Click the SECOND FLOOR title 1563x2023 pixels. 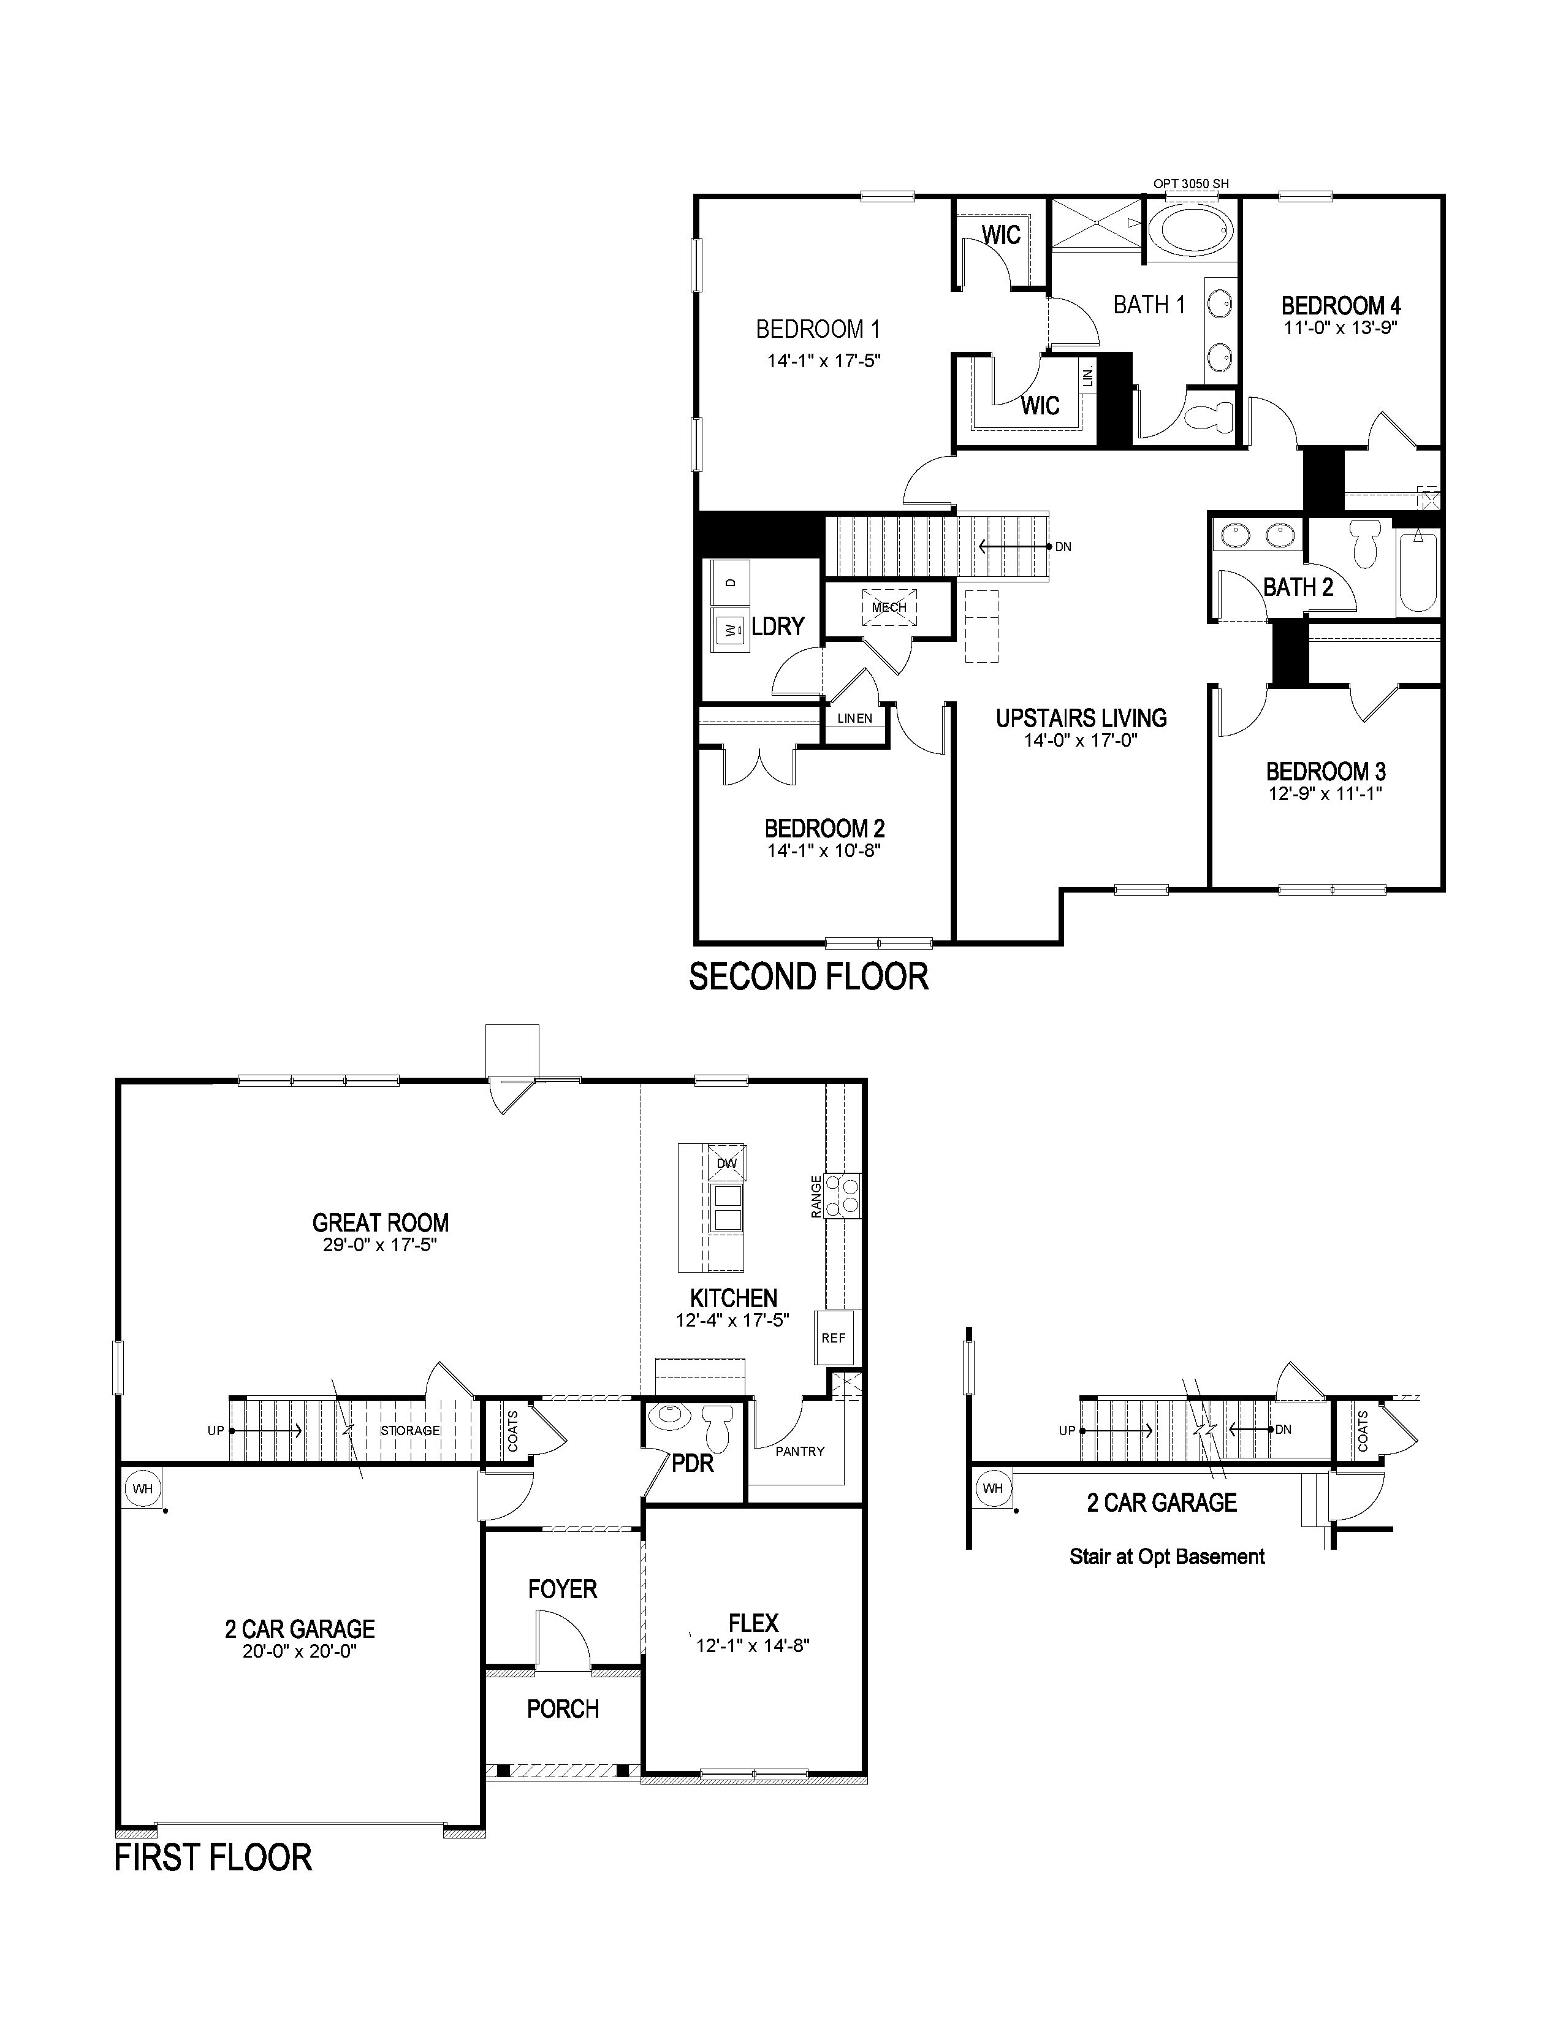coord(808,977)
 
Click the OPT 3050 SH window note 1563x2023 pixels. coord(1191,183)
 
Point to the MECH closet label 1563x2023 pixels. coord(889,608)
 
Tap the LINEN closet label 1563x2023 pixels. coord(854,718)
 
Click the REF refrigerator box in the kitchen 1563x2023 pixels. coord(834,1338)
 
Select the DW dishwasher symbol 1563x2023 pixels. coord(727,1162)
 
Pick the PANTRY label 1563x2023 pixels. coord(800,1452)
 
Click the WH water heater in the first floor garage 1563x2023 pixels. coord(143,1488)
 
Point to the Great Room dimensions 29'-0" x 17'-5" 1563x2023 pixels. coord(379,1246)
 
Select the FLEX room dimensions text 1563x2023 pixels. coord(753,1646)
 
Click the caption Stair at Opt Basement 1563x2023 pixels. coord(1166,1557)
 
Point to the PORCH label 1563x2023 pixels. coord(563,1709)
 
